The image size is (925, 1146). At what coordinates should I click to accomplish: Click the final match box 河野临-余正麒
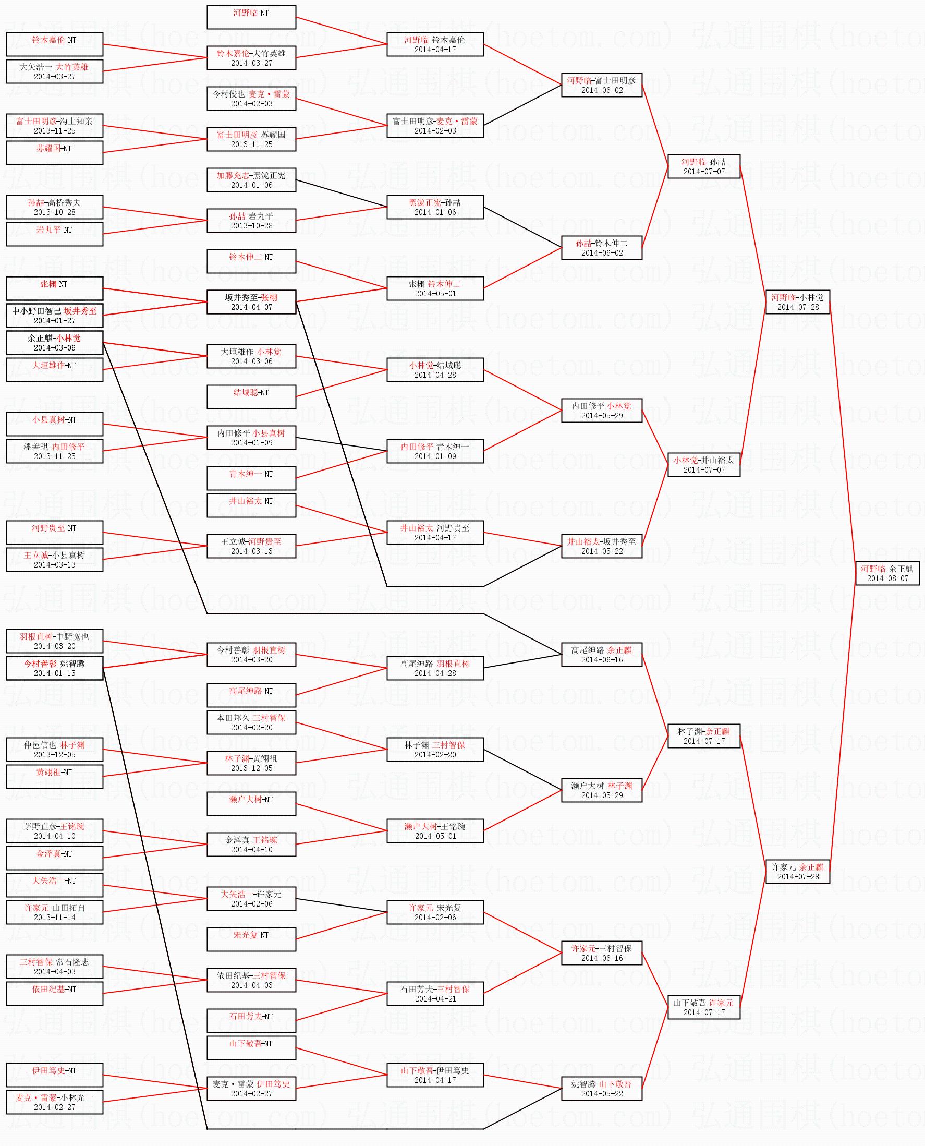[x=887, y=573]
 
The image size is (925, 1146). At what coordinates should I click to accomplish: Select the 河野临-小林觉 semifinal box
[x=797, y=301]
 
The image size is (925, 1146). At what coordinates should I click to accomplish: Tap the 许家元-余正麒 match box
[x=797, y=872]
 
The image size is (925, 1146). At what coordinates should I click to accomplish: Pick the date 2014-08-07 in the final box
[x=887, y=578]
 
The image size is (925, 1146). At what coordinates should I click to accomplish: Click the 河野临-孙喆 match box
[x=703, y=166]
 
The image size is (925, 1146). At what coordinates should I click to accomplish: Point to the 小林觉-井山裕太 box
[x=703, y=464]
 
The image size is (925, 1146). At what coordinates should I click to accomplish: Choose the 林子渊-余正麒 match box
[x=703, y=735]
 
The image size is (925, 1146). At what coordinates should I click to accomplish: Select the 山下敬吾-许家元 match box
[x=703, y=1007]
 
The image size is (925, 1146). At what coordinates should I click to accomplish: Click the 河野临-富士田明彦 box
[x=601, y=85]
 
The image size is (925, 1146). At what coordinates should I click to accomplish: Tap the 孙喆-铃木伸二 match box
[x=601, y=248]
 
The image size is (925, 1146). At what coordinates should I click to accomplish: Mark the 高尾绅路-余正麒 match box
[x=601, y=655]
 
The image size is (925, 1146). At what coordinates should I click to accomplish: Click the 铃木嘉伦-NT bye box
[x=54, y=44]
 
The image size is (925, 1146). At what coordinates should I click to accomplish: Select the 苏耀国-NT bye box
[x=54, y=152]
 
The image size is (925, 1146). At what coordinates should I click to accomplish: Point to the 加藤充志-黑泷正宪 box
[x=251, y=179]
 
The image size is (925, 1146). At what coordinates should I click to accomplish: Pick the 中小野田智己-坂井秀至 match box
[x=54, y=316]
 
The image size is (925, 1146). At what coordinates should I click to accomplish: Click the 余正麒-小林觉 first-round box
[x=54, y=343]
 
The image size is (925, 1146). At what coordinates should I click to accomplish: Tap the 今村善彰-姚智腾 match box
[x=54, y=668]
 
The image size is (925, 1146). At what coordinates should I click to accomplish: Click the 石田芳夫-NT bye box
[x=251, y=1020]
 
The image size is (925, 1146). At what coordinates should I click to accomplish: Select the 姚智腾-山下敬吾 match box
[x=601, y=1089]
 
